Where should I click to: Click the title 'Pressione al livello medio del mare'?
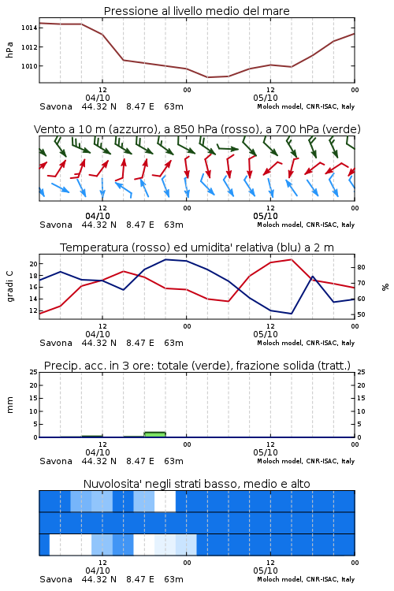[x=196, y=11]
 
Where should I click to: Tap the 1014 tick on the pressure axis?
[x=29, y=28]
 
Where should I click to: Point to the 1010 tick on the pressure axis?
[x=29, y=66]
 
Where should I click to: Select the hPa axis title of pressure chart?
[x=9, y=50]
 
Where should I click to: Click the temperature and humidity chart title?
[x=197, y=247]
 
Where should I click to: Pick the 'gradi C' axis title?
[x=9, y=287]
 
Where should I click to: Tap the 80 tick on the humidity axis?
[x=361, y=267]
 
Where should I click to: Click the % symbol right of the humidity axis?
[x=385, y=287]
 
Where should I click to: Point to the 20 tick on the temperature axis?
[x=34, y=264]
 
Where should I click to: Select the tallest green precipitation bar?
[x=155, y=434]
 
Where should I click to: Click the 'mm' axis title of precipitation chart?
[x=9, y=405]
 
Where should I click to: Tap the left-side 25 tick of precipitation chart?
[x=34, y=372]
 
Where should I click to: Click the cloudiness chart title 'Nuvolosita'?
[x=196, y=484]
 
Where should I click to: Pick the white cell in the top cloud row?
[x=165, y=501]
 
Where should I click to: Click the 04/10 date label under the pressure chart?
[x=98, y=98]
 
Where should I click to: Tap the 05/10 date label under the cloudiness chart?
[x=266, y=571]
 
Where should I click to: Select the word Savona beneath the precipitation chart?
[x=56, y=461]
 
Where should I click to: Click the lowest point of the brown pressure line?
[x=208, y=77]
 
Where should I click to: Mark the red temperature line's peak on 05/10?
[x=291, y=260]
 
